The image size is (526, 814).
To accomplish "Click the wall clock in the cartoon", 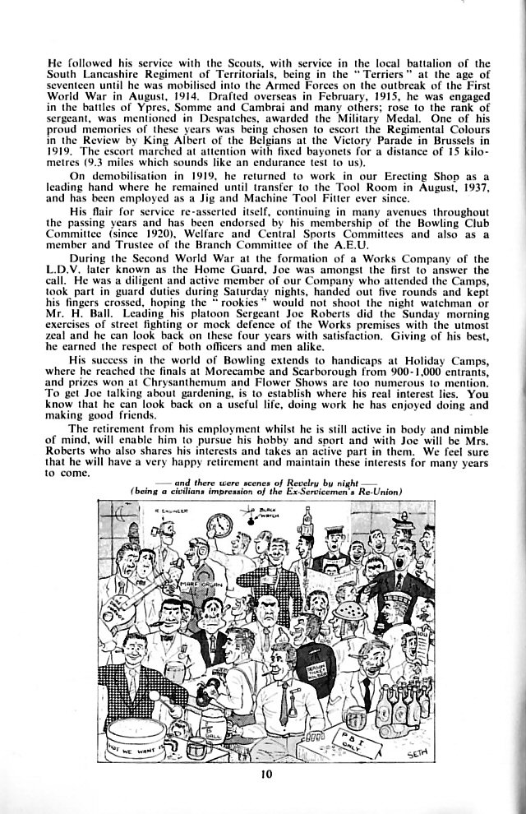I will [219, 524].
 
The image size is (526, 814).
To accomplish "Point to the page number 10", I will [262, 774].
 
